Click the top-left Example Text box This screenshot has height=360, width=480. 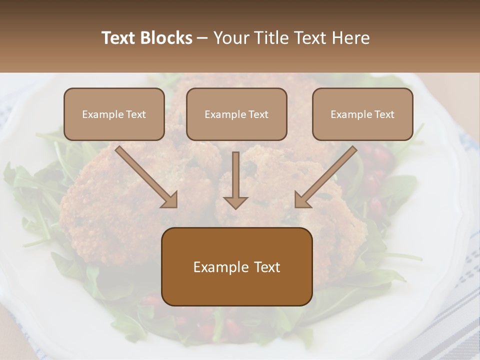[x=114, y=114]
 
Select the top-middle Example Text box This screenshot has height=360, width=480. [x=236, y=114]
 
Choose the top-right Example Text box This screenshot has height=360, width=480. [x=362, y=114]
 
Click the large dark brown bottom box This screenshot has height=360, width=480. [x=236, y=267]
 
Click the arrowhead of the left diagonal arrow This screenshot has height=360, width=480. [x=170, y=199]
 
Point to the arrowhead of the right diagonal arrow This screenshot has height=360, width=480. [x=302, y=199]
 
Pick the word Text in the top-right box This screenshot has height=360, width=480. [x=384, y=114]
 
